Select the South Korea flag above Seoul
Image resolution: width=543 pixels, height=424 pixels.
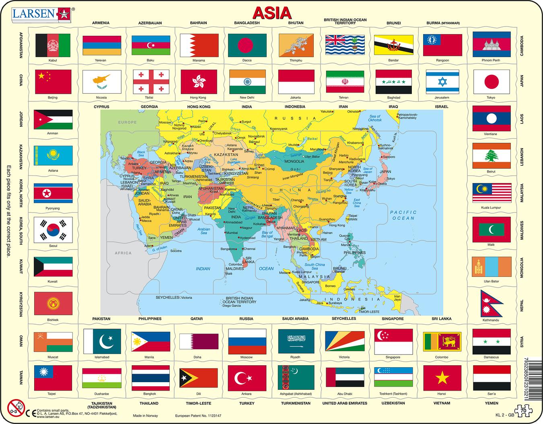coord(53,230)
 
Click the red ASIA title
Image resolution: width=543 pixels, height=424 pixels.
coord(272,13)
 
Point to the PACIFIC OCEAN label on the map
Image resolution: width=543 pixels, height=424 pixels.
coord(403,215)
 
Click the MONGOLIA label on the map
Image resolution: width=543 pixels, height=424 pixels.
coord(294,161)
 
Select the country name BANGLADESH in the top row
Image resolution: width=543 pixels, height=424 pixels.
coord(247,23)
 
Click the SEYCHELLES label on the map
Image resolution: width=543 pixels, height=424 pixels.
coord(167,297)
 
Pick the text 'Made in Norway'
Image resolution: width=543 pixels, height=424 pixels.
coord(146,416)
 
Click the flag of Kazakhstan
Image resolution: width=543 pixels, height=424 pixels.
coord(53,155)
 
